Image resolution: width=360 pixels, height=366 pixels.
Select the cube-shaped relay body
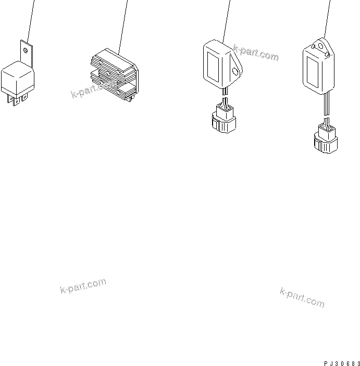click(x=18, y=78)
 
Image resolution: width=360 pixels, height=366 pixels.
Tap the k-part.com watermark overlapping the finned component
click(x=94, y=90)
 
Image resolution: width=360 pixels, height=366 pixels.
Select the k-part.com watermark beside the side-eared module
click(x=256, y=52)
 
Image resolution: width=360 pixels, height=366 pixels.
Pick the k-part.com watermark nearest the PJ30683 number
click(x=302, y=297)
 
